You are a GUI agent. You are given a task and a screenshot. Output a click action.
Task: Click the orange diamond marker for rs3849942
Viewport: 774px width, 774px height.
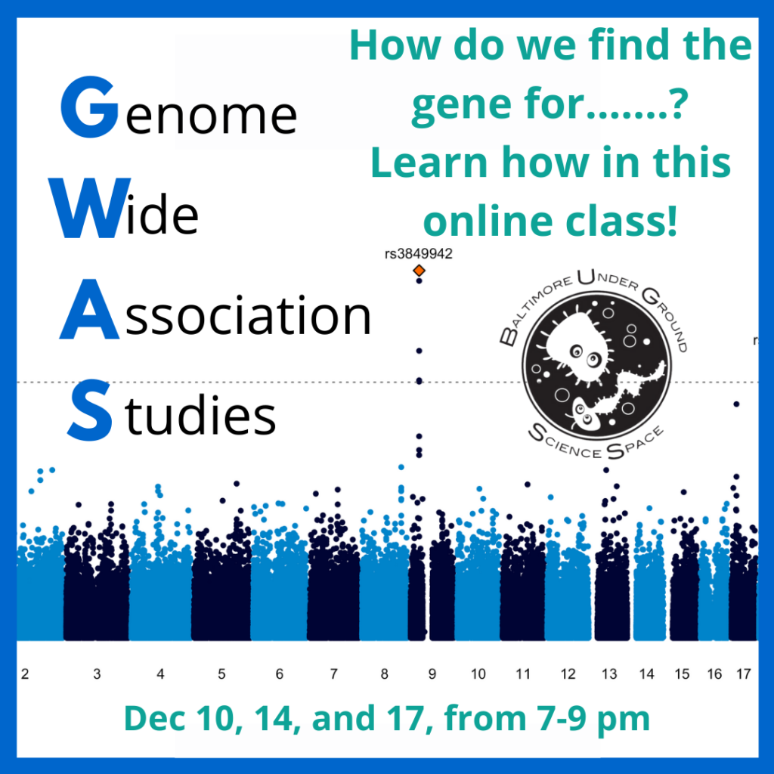[x=419, y=271]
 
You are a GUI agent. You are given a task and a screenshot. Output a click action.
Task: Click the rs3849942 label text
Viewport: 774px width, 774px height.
[x=419, y=254]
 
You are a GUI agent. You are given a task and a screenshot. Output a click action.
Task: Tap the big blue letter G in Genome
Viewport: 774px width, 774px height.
[x=90, y=107]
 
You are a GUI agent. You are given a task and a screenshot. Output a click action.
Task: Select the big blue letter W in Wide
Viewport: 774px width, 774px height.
[x=90, y=208]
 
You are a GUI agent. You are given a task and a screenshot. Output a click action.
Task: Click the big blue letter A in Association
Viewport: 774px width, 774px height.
[x=89, y=309]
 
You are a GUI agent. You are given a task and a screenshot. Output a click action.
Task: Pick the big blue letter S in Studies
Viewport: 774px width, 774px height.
[x=89, y=410]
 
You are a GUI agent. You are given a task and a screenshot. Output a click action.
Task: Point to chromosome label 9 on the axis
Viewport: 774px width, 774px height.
[x=432, y=673]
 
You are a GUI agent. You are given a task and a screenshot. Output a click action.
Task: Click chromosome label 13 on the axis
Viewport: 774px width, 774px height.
[x=609, y=673]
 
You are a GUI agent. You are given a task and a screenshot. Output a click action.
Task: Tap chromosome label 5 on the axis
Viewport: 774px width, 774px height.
[x=221, y=673]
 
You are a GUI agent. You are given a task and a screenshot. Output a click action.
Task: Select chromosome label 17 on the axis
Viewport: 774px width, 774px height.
[x=744, y=673]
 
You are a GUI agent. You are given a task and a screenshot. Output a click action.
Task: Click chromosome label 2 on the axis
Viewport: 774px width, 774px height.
[x=25, y=673]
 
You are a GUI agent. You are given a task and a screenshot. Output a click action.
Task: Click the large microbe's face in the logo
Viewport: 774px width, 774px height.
[x=583, y=351]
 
